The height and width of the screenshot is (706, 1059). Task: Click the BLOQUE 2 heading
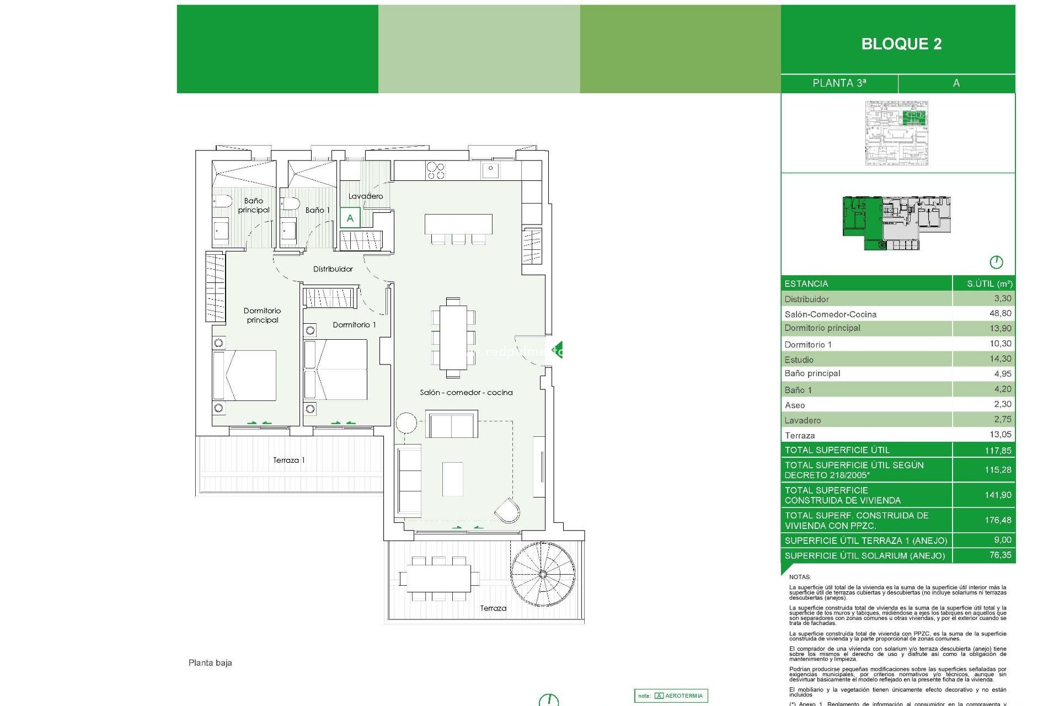click(x=901, y=44)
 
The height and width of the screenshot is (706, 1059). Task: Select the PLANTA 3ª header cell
click(x=839, y=83)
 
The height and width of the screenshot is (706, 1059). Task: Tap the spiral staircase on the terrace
click(x=542, y=575)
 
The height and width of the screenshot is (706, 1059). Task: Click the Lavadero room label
click(x=365, y=196)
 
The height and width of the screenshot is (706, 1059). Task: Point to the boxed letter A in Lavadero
click(x=350, y=218)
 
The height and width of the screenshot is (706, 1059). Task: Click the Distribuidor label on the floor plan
click(x=333, y=269)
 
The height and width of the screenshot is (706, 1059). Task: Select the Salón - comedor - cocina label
click(x=466, y=393)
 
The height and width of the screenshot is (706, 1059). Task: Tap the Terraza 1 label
click(x=288, y=460)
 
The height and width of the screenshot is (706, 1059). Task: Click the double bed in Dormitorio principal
click(x=245, y=375)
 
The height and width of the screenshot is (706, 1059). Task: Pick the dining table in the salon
click(x=453, y=338)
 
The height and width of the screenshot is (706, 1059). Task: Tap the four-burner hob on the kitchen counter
click(x=435, y=170)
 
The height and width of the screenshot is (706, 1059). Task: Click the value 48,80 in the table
click(x=1000, y=313)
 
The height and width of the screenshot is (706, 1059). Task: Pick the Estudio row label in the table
click(x=799, y=360)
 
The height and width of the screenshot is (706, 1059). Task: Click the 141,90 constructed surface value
click(x=998, y=495)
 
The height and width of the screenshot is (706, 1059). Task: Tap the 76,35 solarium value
click(x=1000, y=555)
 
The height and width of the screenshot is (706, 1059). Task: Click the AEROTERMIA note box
click(x=671, y=696)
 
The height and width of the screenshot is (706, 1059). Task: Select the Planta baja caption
click(x=210, y=663)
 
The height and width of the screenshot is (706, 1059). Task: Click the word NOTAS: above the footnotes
click(x=800, y=577)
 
